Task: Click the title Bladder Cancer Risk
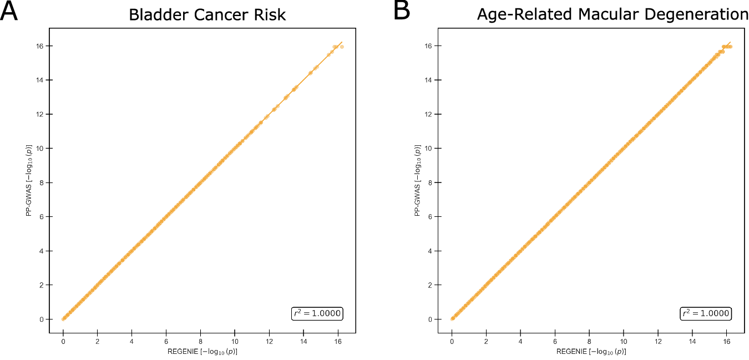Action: (207, 14)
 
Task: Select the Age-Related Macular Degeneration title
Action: (613, 14)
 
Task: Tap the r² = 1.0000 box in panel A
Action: (317, 313)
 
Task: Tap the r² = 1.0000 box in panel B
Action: (706, 313)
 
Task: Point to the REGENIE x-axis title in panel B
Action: (591, 352)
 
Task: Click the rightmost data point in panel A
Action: (342, 47)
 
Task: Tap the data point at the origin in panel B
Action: (452, 318)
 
